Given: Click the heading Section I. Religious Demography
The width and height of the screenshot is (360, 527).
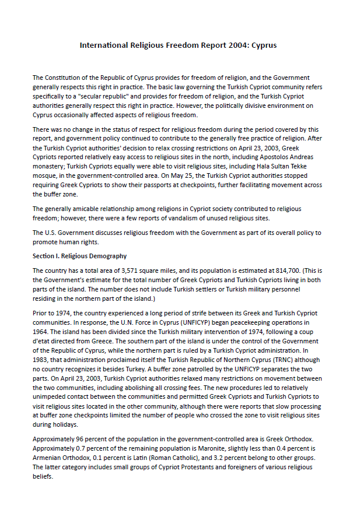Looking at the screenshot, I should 79,256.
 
